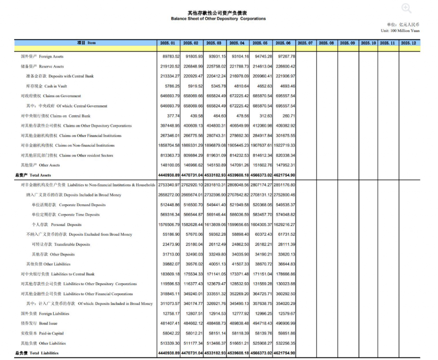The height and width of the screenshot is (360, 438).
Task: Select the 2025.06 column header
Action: pos(284,43)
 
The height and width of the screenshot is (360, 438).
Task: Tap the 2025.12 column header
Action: pos(408,43)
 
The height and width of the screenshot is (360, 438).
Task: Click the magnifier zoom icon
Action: pos(406,9)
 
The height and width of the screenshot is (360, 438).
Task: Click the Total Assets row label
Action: pos(33,175)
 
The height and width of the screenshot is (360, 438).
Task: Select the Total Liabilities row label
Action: pos(37,353)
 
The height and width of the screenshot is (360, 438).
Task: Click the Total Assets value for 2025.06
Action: pos(284,175)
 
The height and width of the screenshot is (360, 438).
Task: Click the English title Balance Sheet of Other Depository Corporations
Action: pos(218,19)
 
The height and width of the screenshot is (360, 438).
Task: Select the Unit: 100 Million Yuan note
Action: pos(400,31)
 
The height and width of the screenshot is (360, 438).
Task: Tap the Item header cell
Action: pos(86,43)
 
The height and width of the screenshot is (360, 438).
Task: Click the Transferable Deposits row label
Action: pos(61,245)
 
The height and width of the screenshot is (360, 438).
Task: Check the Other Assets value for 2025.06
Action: pos(284,165)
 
